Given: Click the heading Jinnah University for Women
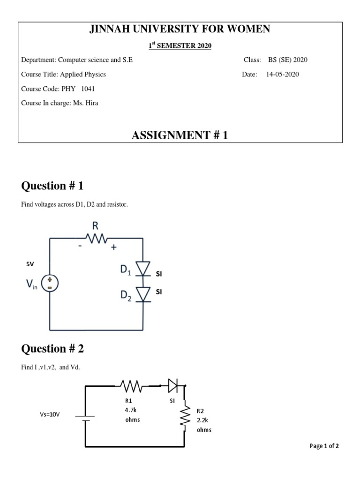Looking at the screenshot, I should tap(180, 30).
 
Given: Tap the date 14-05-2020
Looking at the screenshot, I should tap(282, 74).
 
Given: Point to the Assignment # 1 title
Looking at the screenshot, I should tap(180, 136).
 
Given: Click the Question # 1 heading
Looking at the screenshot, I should tap(52, 186).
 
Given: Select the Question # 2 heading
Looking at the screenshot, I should tap(52, 349).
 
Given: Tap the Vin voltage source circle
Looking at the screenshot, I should tap(50, 283).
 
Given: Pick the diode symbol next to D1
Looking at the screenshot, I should tap(143, 269).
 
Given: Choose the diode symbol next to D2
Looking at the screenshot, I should tap(143, 294).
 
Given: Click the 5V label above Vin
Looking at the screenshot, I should tap(30, 264).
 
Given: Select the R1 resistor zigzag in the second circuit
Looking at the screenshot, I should tap(132, 386).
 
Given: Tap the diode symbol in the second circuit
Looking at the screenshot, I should tap(173, 386).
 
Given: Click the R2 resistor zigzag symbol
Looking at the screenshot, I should tap(186, 417).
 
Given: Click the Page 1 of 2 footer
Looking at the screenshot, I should tap(324, 446).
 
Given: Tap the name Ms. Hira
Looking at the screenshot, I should tap(85, 103).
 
